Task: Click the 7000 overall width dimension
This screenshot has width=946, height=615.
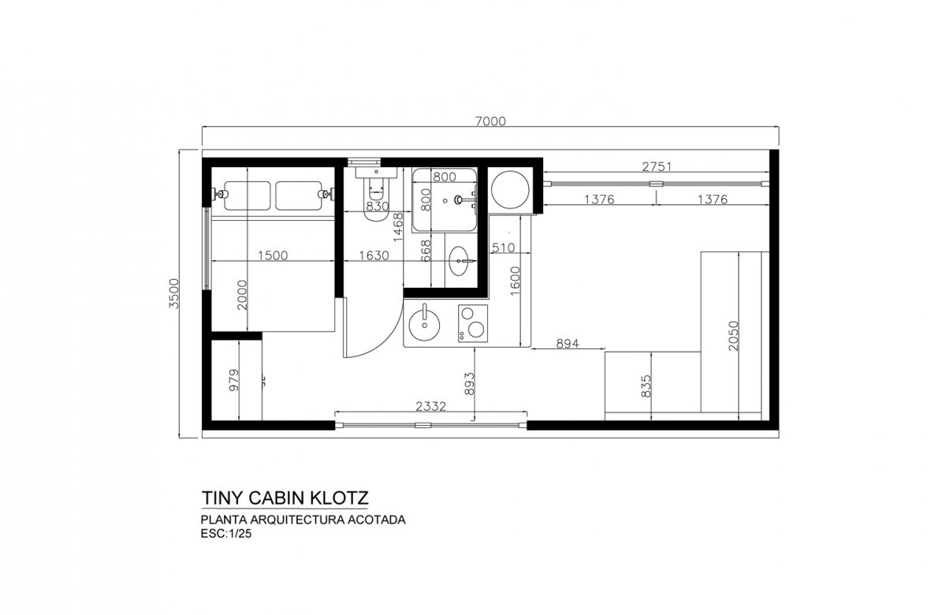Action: [490, 121]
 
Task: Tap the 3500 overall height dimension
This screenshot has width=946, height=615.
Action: [174, 293]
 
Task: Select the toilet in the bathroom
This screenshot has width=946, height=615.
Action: [376, 194]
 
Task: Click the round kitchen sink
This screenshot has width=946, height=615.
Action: [424, 322]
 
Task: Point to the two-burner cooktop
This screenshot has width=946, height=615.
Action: [473, 323]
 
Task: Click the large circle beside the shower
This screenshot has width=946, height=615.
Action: [510, 190]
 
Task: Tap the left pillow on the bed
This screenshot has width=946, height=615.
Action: [247, 196]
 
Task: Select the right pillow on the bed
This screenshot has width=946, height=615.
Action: [299, 196]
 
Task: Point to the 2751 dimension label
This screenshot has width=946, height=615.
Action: [657, 167]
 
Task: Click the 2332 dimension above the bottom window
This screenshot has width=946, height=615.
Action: [430, 406]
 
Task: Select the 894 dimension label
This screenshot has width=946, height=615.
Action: [567, 344]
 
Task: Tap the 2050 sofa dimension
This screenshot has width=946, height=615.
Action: [734, 336]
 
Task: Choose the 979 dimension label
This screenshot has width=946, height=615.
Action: [233, 380]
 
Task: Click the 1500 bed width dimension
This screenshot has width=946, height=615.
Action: [273, 255]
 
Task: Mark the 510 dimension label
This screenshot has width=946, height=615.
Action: [504, 248]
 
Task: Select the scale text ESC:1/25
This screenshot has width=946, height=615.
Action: [226, 534]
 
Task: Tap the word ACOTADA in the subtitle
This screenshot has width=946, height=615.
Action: [376, 520]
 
